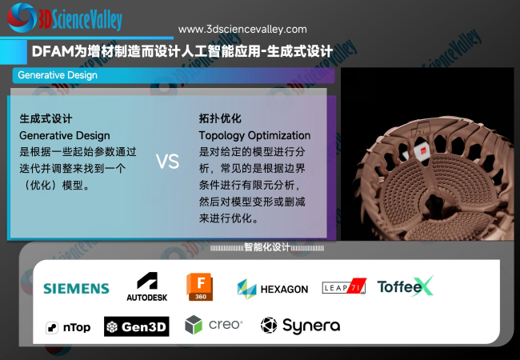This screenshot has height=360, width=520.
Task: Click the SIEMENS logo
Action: [x=76, y=288]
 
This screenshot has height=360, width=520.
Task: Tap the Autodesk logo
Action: [x=147, y=286]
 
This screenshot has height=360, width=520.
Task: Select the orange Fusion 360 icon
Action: [x=200, y=286]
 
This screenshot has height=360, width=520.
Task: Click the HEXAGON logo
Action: [x=273, y=289]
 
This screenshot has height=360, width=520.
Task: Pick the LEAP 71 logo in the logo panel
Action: [x=344, y=286]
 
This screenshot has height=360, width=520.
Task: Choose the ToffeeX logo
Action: [x=406, y=286]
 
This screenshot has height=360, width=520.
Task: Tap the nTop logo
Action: [x=68, y=327]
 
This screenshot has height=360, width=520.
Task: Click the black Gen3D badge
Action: [x=137, y=326]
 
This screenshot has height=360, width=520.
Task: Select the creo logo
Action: [x=214, y=325]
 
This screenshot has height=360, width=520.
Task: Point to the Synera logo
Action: [x=301, y=325]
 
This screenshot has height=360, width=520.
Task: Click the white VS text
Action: [x=167, y=162]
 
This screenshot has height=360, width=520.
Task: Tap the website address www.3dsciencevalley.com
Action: [x=242, y=30]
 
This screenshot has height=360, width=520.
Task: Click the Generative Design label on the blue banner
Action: [x=58, y=75]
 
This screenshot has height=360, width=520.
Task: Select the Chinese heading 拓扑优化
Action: [x=220, y=118]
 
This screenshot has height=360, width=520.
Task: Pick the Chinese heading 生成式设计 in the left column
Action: [x=46, y=118]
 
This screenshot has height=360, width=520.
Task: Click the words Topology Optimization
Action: [x=254, y=135]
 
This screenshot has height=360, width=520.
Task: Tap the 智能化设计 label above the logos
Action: [x=267, y=247]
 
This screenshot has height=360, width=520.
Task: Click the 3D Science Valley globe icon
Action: [x=22, y=18]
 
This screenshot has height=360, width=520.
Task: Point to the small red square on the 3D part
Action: [x=423, y=151]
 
